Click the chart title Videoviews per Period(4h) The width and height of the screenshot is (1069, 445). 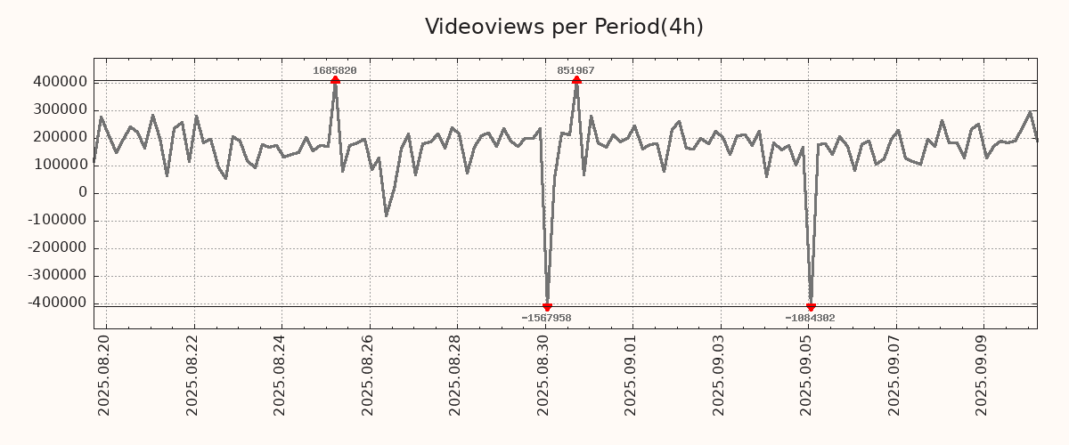coord(564,27)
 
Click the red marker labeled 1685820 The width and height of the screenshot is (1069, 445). coord(335,80)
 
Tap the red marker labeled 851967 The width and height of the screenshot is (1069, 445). coord(576,80)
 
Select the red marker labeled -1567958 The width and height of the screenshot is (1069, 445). coord(547,306)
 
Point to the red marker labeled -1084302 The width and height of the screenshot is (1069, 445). coord(811,306)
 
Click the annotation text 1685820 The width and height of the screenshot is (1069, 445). coord(335,70)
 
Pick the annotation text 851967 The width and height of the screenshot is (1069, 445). coord(576,70)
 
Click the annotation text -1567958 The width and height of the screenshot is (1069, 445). coord(546,318)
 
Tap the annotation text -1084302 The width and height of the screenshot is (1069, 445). coord(810,318)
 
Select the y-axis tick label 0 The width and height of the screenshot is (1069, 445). coord(82,192)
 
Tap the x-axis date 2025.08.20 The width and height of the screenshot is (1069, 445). coord(104,375)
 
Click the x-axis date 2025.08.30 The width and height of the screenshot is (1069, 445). coord(544,375)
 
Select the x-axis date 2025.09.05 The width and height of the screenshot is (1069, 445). coord(808,375)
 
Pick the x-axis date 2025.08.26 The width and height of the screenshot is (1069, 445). coord(368,375)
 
